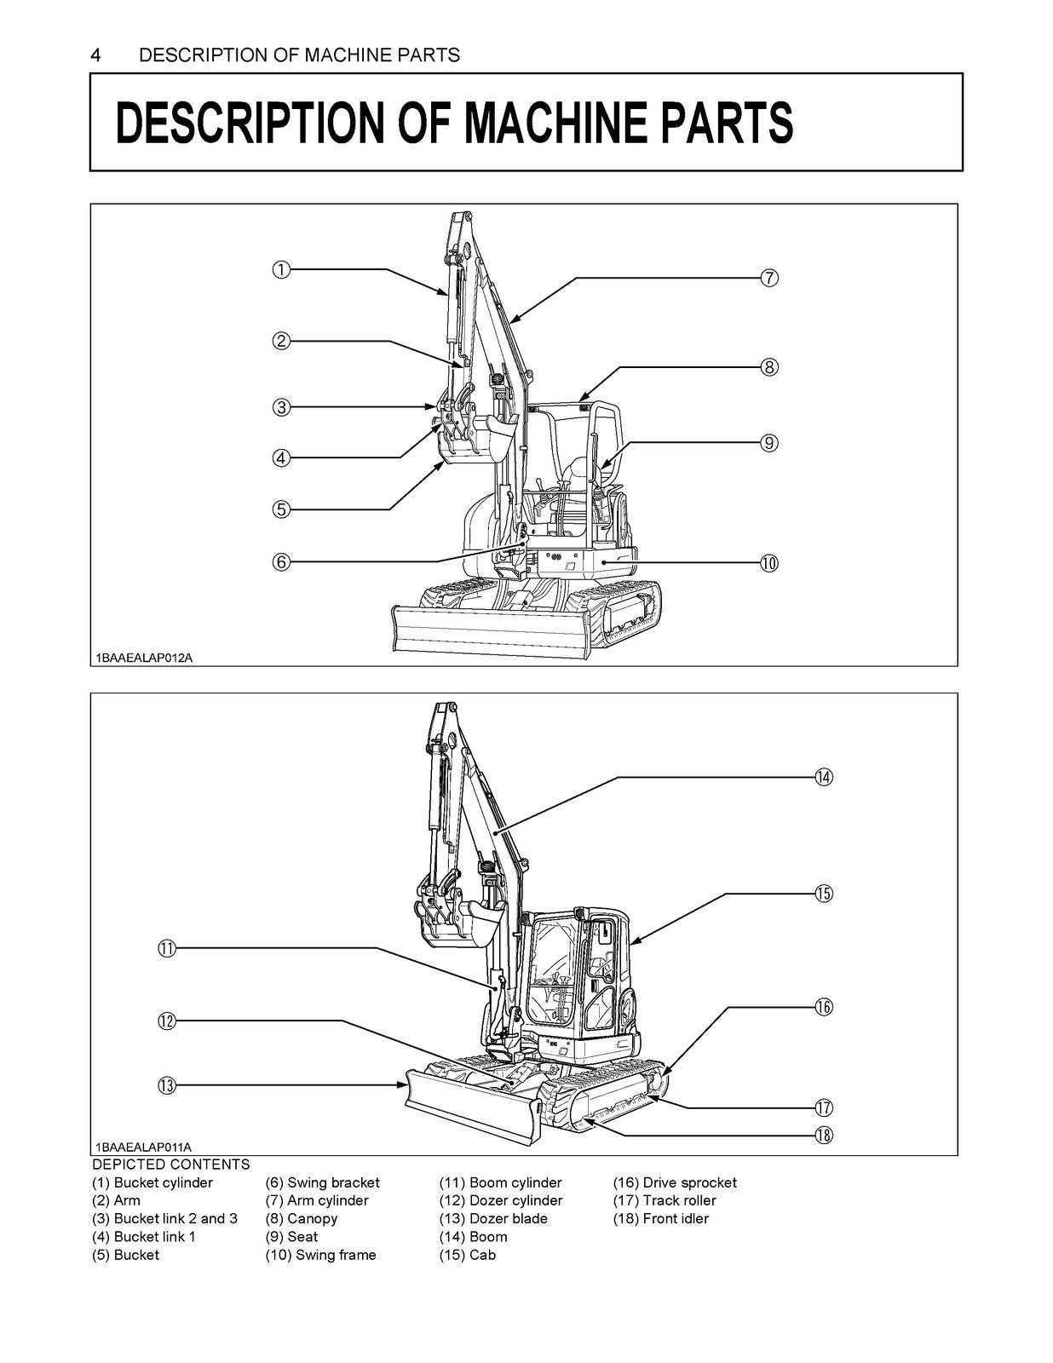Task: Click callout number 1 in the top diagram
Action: (281, 270)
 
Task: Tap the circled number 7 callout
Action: (768, 278)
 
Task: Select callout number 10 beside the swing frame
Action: (768, 563)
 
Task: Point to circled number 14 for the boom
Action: (823, 777)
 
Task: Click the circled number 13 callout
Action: (166, 1085)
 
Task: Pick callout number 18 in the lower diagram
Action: (823, 1135)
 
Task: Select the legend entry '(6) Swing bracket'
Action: (323, 1182)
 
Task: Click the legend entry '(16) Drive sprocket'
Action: (675, 1182)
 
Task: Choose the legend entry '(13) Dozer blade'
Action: (493, 1218)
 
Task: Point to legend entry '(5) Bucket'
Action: (125, 1255)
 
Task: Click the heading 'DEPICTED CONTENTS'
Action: (171, 1165)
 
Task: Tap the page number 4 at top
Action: (96, 55)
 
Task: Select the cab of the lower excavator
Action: (579, 971)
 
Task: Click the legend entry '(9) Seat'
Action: (291, 1237)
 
